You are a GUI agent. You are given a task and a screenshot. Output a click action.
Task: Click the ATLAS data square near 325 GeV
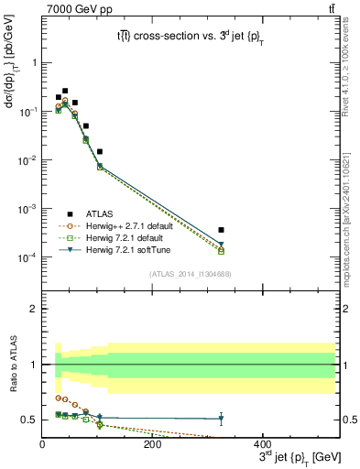(x=221, y=230)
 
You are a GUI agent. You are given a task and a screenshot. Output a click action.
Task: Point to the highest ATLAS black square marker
(x=64, y=91)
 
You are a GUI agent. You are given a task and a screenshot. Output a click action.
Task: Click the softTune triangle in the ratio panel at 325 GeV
(x=221, y=420)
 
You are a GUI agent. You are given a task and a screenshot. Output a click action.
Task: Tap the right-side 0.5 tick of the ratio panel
(x=348, y=420)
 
